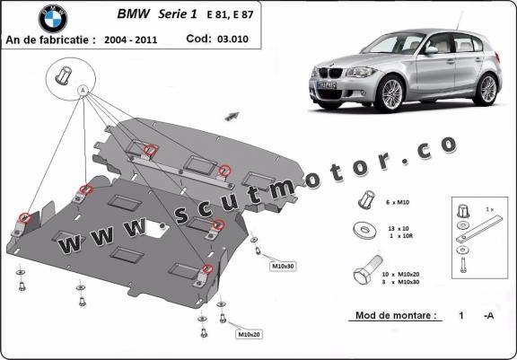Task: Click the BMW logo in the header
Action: click(x=52, y=17)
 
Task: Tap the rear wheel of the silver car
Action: click(x=487, y=88)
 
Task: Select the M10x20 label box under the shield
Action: click(x=248, y=334)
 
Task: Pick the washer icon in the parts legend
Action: click(x=365, y=228)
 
